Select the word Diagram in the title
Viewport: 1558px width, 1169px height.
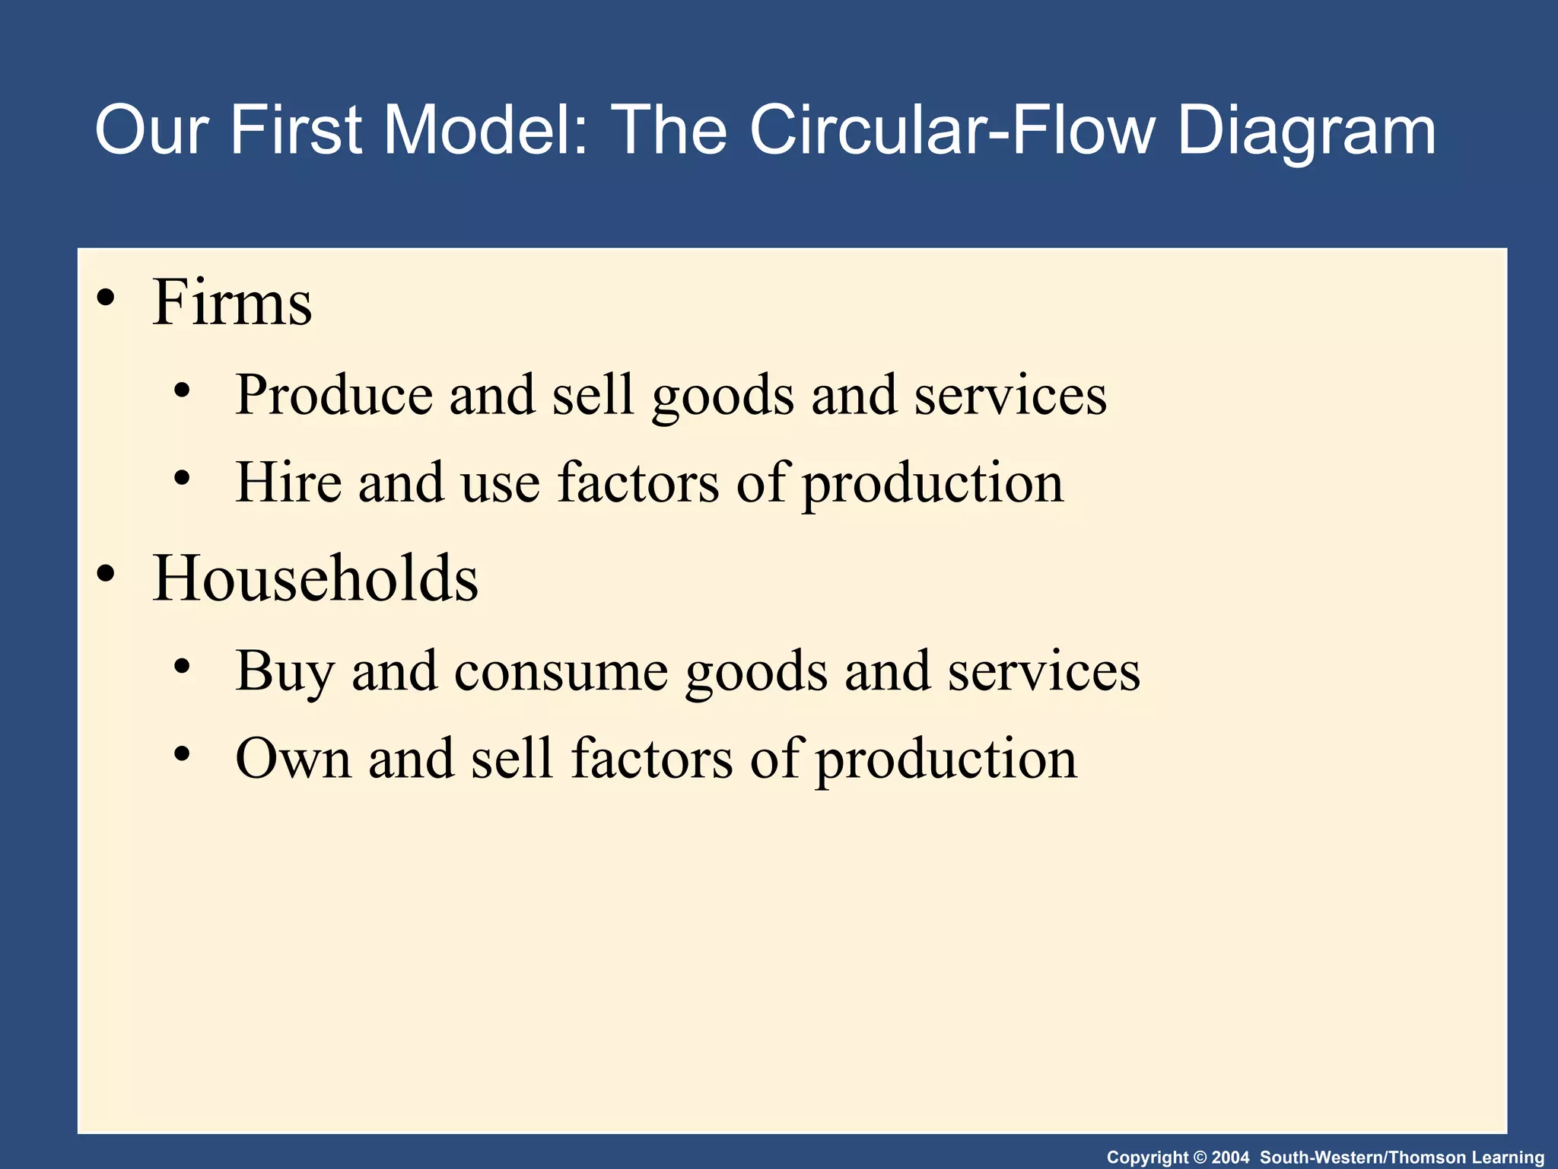coord(1306,131)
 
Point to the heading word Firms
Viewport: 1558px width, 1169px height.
coord(232,302)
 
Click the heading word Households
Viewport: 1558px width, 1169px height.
coord(316,578)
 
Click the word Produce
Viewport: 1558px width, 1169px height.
coord(334,395)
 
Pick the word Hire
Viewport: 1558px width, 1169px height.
coord(288,483)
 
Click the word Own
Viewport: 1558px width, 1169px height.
coord(293,759)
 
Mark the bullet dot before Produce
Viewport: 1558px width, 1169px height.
coord(182,392)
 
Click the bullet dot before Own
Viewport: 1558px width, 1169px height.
coord(182,755)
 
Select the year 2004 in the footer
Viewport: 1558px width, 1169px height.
coord(1230,1158)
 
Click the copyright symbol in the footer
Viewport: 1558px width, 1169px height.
coord(1200,1158)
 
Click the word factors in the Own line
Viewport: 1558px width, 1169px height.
coord(652,759)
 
